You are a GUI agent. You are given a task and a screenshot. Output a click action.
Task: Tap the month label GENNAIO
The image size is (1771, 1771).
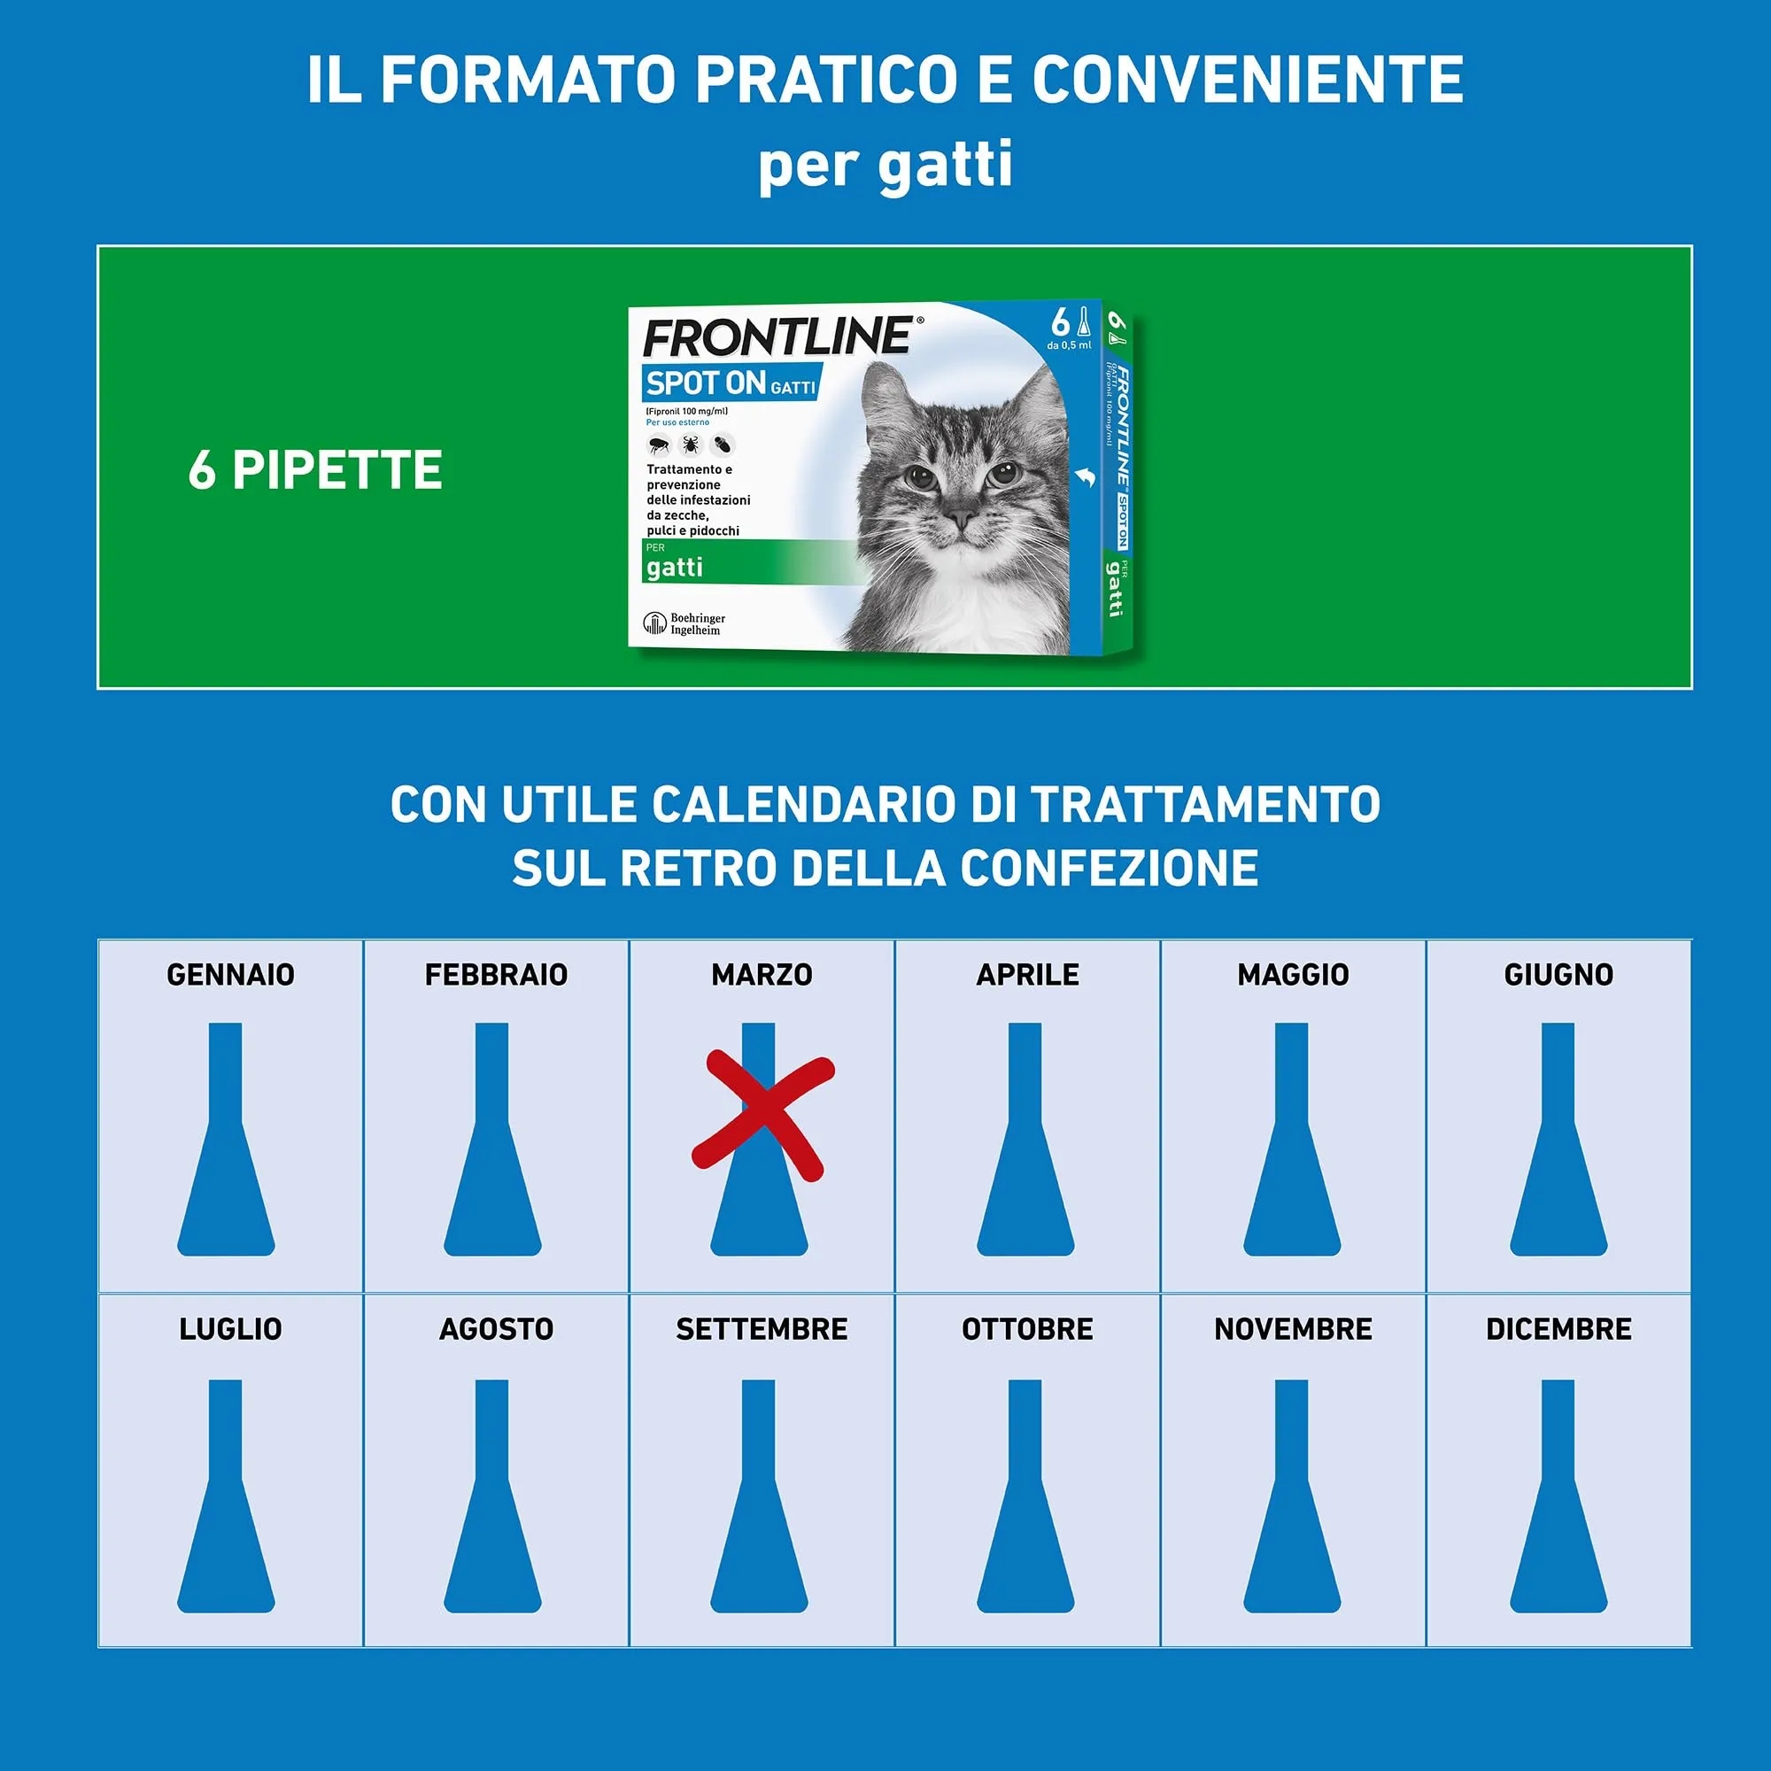[x=230, y=974]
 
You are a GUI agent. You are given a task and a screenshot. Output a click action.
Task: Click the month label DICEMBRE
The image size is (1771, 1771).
[x=1558, y=1329]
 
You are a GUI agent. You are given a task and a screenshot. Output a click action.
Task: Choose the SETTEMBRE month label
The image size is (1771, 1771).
[x=762, y=1329]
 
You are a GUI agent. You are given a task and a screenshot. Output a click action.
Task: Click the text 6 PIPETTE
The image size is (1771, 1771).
[x=315, y=470]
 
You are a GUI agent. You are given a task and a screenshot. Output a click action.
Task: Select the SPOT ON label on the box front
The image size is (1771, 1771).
[x=706, y=383]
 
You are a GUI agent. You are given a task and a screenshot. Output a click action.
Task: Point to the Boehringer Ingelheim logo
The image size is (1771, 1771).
[x=684, y=623]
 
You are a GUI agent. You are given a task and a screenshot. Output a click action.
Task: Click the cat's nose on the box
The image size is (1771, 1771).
[x=960, y=519]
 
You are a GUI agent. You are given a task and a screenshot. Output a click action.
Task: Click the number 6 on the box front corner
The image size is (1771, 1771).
[x=1061, y=322]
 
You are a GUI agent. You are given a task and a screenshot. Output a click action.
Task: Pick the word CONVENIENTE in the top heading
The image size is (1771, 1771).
[x=1248, y=80]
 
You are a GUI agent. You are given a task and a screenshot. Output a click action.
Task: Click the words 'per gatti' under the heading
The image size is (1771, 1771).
[x=885, y=165]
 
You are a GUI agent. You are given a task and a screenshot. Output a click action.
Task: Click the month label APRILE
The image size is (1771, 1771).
[x=1027, y=974]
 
